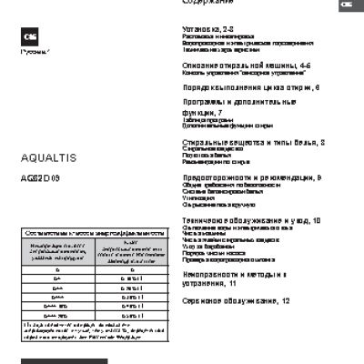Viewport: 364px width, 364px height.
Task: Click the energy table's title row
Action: click(83, 234)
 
